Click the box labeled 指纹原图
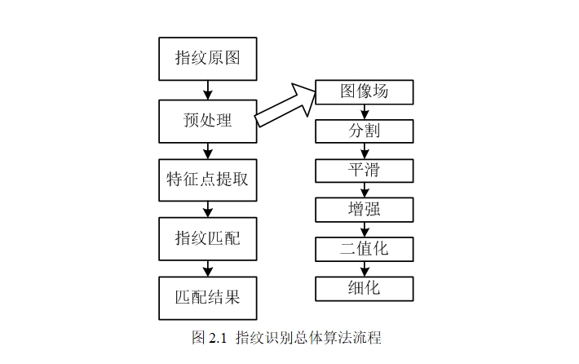tap(207, 58)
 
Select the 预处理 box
tap(207, 121)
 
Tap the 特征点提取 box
tap(207, 180)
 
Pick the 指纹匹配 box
tap(207, 238)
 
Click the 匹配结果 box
tap(207, 297)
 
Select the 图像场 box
tap(365, 91)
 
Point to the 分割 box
tap(365, 131)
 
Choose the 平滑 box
tap(365, 170)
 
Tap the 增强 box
tap(365, 209)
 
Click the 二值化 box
tap(365, 248)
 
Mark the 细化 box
tap(365, 287)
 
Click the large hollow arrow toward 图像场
tap(285, 105)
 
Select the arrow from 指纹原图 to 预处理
tap(207, 89)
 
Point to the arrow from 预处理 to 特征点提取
tap(207, 150)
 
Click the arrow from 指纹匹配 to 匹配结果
tap(207, 268)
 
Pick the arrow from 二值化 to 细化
tap(365, 268)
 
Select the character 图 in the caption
tap(198, 338)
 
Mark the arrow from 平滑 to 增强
tap(365, 189)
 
